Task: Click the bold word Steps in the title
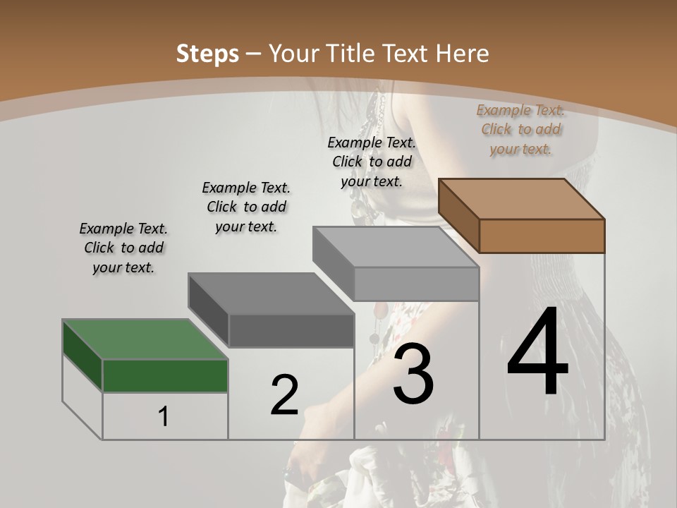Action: click(207, 54)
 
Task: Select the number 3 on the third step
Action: click(413, 374)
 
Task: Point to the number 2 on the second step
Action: click(284, 395)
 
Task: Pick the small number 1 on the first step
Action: click(164, 416)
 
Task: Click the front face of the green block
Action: click(165, 375)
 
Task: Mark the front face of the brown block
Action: click(542, 236)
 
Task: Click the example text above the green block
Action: click(123, 248)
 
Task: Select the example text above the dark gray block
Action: click(246, 207)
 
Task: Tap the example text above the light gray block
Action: click(372, 162)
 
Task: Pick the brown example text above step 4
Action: click(520, 129)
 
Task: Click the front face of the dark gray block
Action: click(291, 330)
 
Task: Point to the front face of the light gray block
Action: click(416, 284)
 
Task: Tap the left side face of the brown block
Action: click(458, 215)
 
